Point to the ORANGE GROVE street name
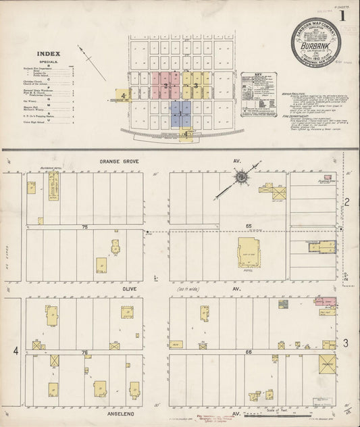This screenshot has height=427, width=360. click(x=118, y=161)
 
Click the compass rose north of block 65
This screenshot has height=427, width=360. click(x=240, y=177)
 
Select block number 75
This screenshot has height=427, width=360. click(x=84, y=227)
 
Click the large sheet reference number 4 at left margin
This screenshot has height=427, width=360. click(x=16, y=351)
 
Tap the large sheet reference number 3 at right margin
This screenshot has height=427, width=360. click(x=345, y=344)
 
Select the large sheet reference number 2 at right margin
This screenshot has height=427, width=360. click(x=345, y=202)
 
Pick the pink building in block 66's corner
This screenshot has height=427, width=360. click(x=326, y=300)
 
